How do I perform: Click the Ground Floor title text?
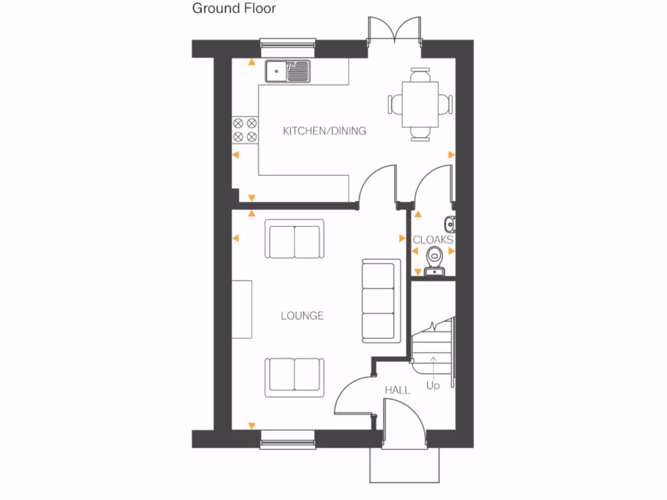click(234, 8)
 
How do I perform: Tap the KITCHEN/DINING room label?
click(324, 131)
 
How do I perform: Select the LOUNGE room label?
click(302, 316)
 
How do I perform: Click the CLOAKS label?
click(433, 240)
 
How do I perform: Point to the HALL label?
click(397, 390)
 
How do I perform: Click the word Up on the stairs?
click(433, 385)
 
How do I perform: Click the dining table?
click(420, 104)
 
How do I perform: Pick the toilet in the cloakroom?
click(434, 260)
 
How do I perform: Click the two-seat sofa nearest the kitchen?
click(294, 240)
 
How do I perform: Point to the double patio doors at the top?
click(395, 29)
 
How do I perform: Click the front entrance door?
click(404, 423)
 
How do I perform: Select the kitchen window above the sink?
click(288, 44)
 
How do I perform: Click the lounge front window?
click(288, 443)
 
